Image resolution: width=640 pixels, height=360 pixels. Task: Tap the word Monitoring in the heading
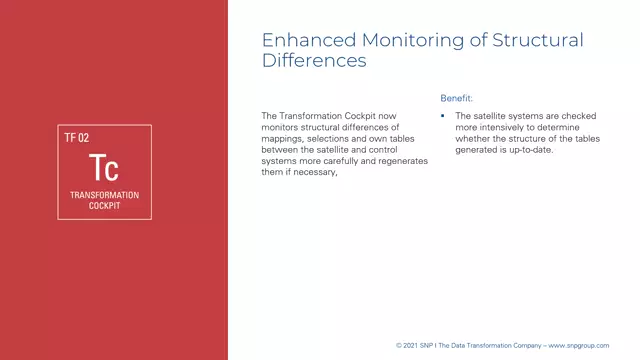coord(398,40)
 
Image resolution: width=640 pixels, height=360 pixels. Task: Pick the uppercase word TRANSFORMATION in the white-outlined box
coord(104,195)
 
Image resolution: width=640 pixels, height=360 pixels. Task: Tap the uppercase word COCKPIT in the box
coord(104,207)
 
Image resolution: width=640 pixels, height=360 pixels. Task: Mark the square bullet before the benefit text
coord(443,117)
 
